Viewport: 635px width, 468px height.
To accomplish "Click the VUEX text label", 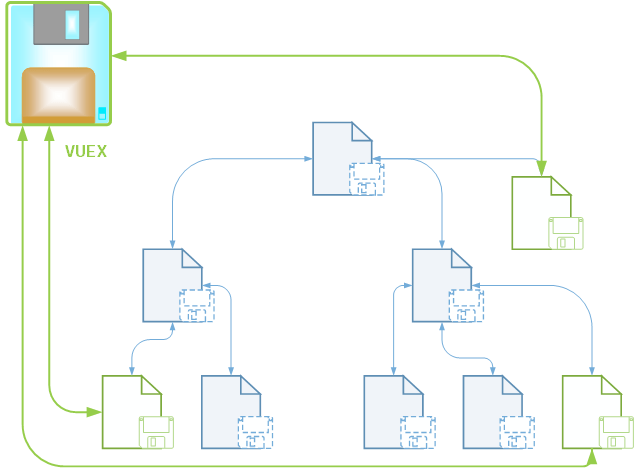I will coord(85,153).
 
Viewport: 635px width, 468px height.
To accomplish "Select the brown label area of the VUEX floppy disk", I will coord(58,95).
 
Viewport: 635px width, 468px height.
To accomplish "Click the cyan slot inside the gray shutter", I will coord(71,24).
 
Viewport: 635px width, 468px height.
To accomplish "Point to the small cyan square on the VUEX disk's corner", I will coord(101,112).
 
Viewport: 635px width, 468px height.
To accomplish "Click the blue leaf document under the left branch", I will coord(231,411).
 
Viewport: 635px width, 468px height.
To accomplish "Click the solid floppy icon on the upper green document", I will coord(566,232).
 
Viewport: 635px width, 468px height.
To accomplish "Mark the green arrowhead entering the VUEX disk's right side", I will coord(117,56).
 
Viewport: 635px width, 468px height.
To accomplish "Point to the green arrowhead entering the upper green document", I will coord(541,171).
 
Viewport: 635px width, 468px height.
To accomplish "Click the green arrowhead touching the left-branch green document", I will coord(96,412).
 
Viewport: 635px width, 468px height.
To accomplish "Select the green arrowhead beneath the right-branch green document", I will coord(591,455).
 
